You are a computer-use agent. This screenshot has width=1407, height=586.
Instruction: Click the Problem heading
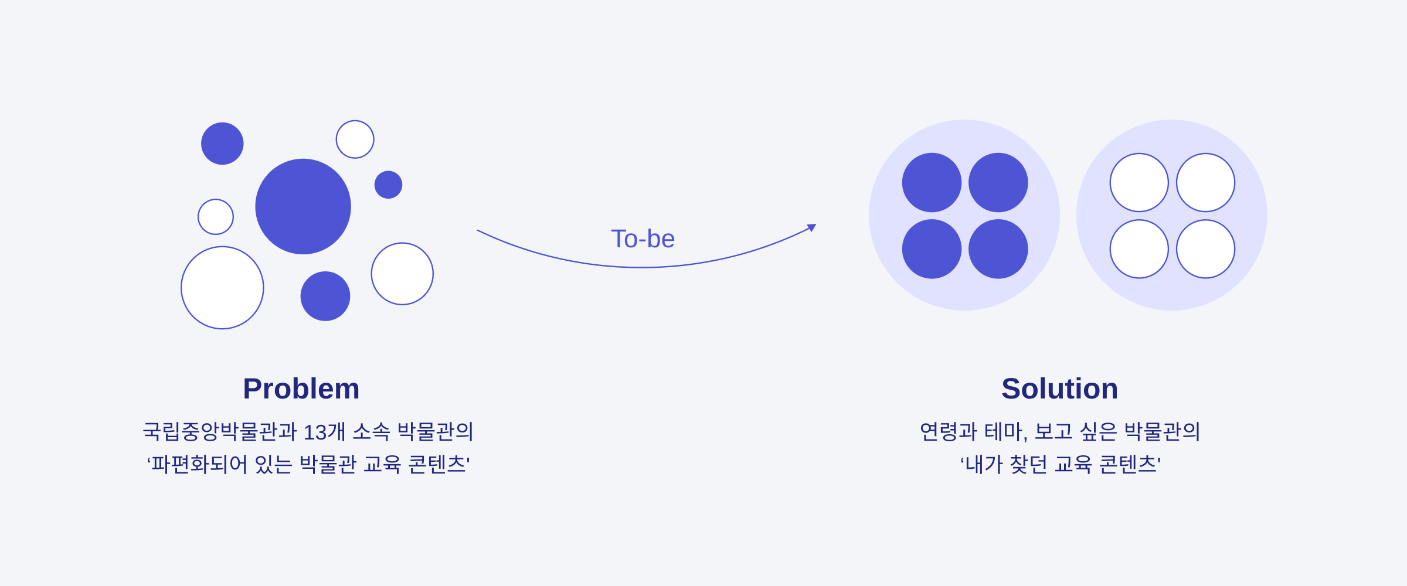[301, 389]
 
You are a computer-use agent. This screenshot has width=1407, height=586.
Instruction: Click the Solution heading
[1060, 389]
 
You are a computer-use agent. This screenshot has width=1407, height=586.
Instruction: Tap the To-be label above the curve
[643, 239]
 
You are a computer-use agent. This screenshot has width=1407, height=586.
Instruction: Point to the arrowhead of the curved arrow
[812, 227]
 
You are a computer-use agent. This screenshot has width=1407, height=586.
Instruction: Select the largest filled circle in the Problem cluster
[303, 206]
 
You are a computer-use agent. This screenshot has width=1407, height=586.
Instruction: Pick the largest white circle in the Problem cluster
[222, 288]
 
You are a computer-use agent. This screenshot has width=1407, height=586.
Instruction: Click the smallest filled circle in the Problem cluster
[388, 185]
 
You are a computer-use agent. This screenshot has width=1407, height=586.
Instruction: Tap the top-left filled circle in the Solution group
[932, 182]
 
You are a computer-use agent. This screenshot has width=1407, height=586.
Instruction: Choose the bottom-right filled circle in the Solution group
[998, 249]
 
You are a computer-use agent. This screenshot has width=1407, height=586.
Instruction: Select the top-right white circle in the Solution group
[1206, 182]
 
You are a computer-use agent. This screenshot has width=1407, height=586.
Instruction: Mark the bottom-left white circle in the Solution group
[1139, 249]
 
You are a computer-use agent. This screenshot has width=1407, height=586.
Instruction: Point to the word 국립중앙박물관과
[220, 432]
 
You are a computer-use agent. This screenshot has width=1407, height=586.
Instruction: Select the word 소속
[371, 432]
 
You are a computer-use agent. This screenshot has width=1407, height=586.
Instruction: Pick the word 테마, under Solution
[1006, 432]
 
